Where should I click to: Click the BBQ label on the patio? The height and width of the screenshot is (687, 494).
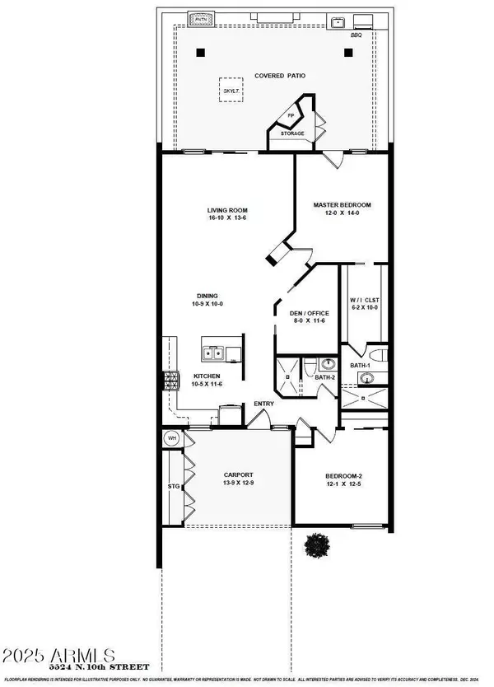[x=357, y=35]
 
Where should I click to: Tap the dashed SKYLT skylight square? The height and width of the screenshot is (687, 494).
[x=232, y=90]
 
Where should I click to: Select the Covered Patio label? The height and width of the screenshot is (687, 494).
[x=280, y=75]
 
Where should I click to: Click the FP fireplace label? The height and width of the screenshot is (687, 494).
[x=290, y=116]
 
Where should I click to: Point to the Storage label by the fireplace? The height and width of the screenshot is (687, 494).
[x=292, y=133]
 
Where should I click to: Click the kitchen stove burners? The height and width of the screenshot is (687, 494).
[x=172, y=381]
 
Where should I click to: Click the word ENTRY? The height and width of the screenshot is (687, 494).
[x=263, y=404]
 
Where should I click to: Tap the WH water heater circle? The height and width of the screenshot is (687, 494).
[x=171, y=438]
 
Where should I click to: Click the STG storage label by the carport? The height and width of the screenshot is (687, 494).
[x=173, y=488]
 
